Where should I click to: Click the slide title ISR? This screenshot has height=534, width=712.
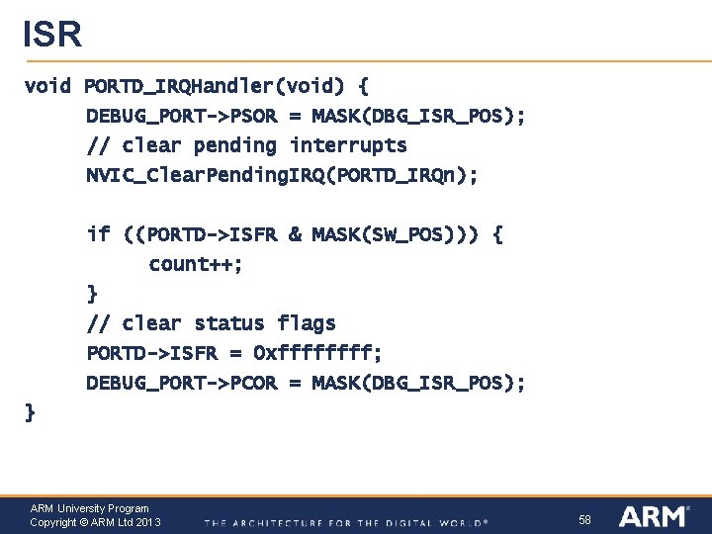52,34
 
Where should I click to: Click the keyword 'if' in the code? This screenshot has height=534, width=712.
98,234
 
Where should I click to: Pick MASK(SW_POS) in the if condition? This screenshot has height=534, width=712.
391,234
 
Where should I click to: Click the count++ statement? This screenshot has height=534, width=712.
196,264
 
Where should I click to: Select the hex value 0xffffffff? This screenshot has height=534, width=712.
317,353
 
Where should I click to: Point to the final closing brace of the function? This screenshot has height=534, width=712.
30,412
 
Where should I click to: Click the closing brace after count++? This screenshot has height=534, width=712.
92,294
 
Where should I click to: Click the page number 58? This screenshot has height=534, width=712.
584,519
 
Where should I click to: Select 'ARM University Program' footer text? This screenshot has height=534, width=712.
89,508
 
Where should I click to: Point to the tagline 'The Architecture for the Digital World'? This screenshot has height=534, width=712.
346,522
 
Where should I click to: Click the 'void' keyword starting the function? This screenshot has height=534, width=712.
47,86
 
